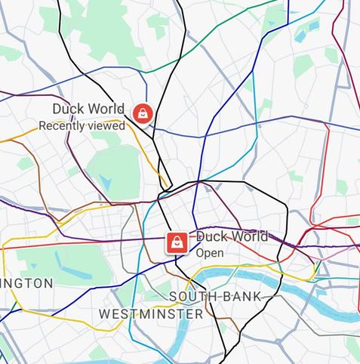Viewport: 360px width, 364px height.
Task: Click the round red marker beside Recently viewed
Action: tap(142, 113)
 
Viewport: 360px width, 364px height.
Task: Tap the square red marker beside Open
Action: tap(176, 242)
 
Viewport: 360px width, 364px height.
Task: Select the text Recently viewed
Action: tap(82, 126)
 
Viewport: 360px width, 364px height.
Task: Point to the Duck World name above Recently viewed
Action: tap(88, 110)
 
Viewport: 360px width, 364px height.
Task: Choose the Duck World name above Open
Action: tap(232, 236)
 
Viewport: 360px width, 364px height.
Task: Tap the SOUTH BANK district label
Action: tap(214, 297)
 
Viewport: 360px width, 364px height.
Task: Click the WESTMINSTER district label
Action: tap(151, 313)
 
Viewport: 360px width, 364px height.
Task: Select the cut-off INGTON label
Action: tap(26, 283)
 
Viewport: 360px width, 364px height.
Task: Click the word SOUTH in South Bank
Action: tap(192, 297)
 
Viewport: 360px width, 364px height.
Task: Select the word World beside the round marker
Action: tap(106, 110)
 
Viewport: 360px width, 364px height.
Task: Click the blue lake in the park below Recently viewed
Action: tap(105, 181)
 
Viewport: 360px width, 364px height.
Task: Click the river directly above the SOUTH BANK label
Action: tap(226, 276)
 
